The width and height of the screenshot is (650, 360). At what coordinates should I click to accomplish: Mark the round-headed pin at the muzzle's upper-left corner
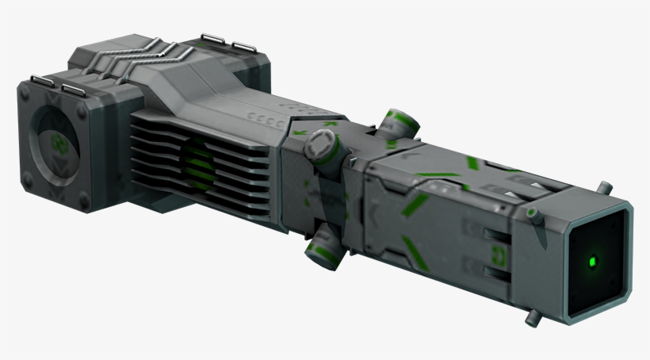click(x=533, y=212)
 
